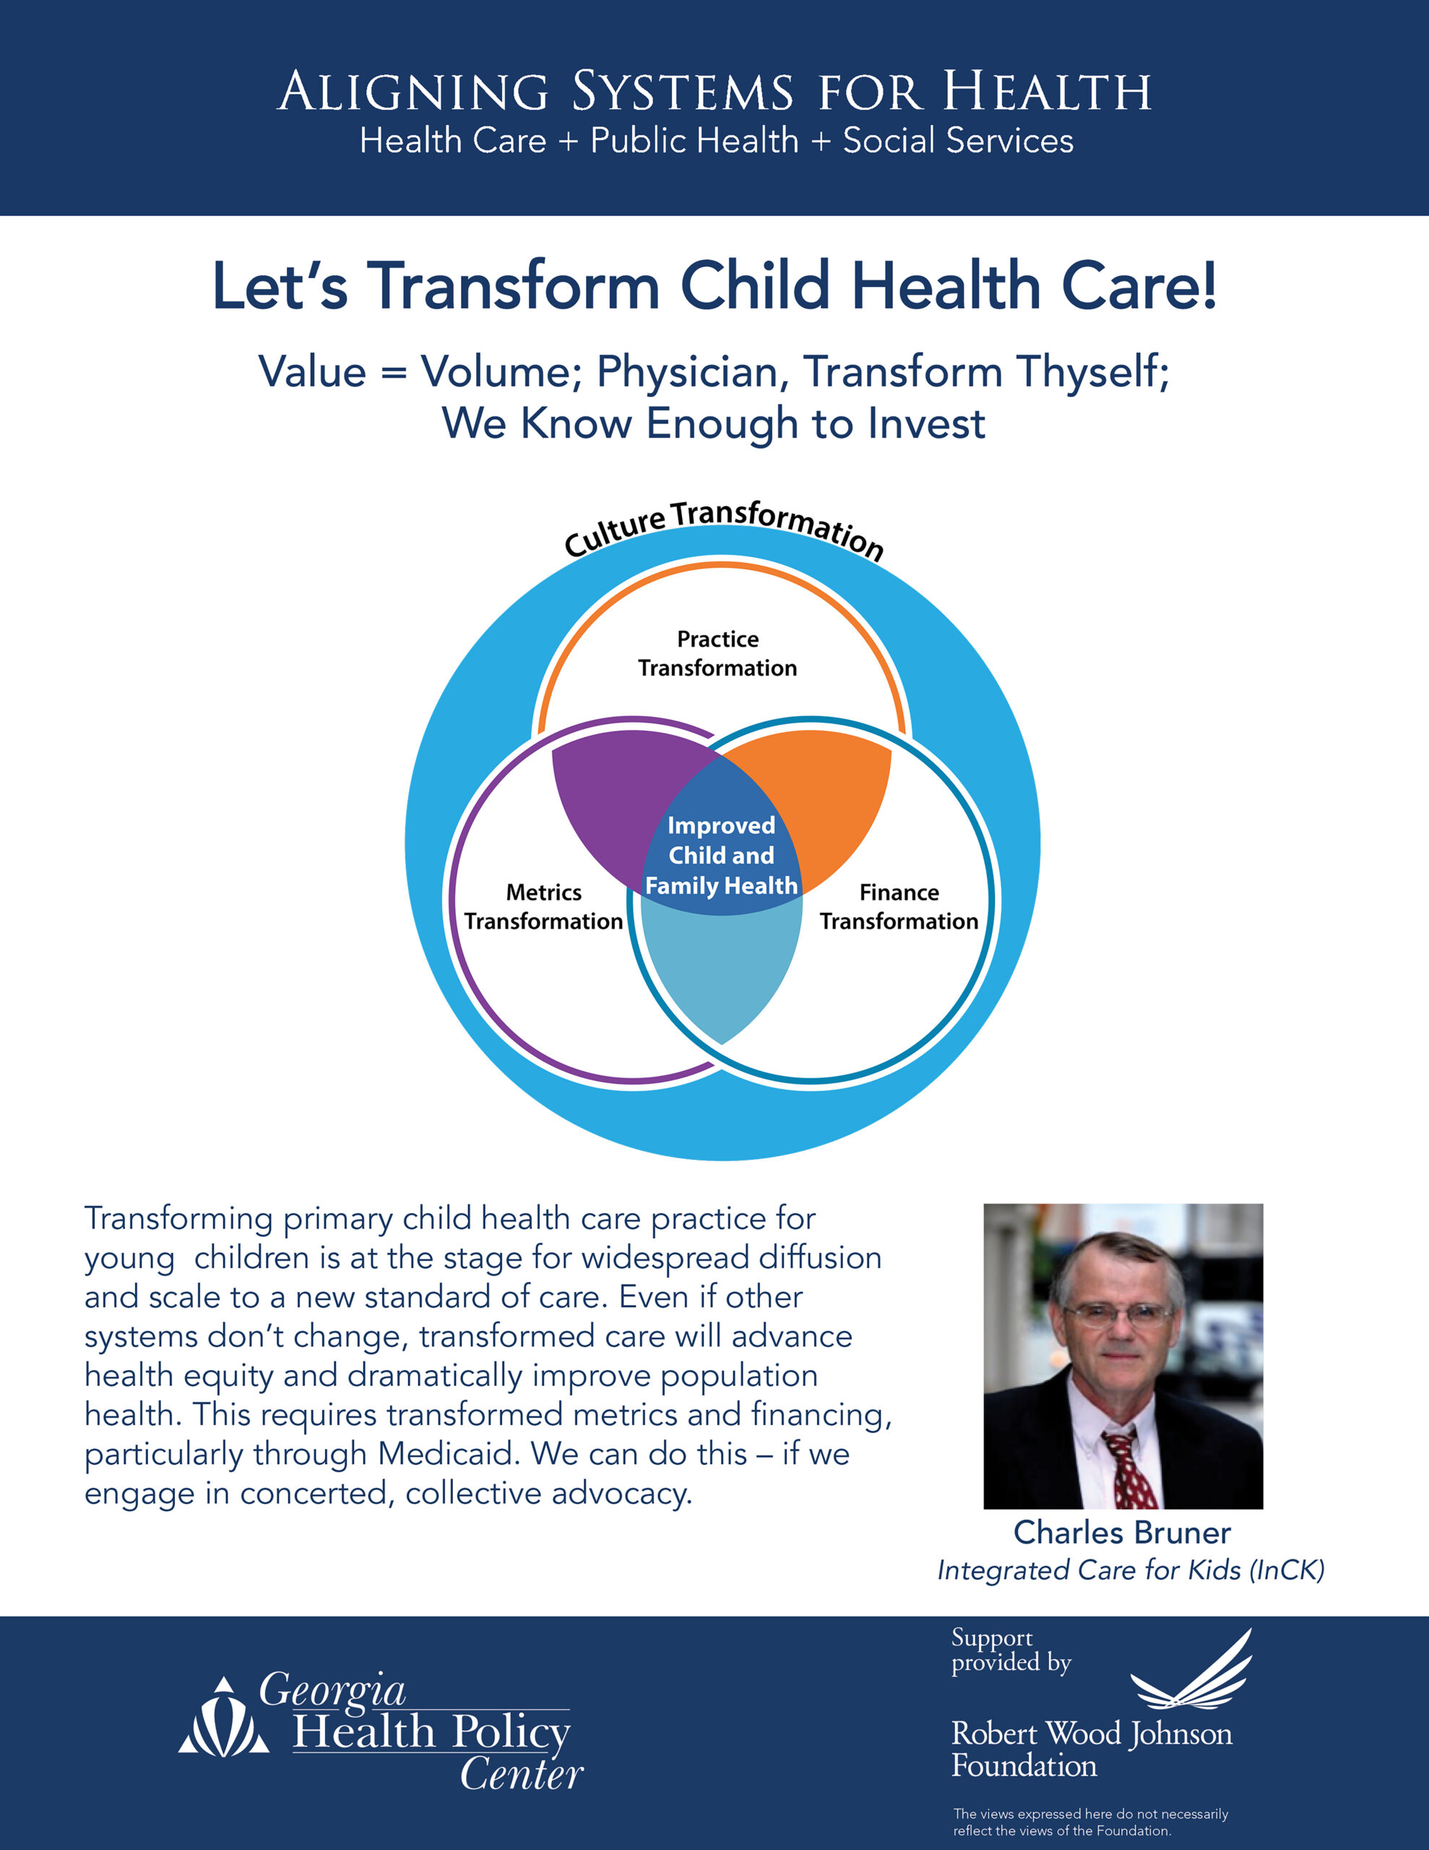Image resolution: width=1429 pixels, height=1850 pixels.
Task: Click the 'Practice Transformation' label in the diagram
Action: click(717, 653)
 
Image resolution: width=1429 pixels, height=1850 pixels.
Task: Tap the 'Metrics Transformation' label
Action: click(543, 906)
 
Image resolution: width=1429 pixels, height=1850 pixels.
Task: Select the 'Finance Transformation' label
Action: click(899, 906)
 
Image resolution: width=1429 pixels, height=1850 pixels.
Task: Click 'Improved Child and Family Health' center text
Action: click(721, 856)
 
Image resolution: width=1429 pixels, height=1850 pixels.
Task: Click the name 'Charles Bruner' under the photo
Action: click(1121, 1532)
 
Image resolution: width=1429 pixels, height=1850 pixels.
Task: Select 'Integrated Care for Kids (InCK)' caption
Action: click(1130, 1570)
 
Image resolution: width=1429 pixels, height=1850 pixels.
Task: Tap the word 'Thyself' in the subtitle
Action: click(1093, 373)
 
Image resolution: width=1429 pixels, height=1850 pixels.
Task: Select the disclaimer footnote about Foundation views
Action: click(1089, 1822)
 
